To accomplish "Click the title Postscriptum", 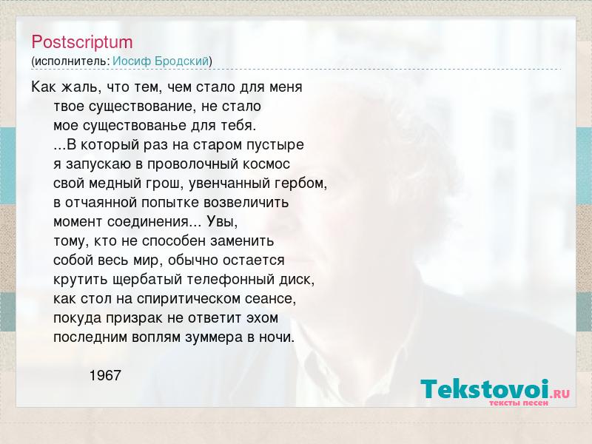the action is click(x=82, y=42).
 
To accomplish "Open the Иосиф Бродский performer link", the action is click(x=161, y=61).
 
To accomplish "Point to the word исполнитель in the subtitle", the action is click(x=72, y=61).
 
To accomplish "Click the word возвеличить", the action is click(x=246, y=203).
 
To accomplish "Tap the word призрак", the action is click(x=135, y=318).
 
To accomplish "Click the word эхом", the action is click(x=263, y=318).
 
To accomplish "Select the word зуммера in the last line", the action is click(x=214, y=337).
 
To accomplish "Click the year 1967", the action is click(x=105, y=375).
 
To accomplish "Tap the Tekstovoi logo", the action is click(x=495, y=390).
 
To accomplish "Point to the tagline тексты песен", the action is click(x=519, y=403).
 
